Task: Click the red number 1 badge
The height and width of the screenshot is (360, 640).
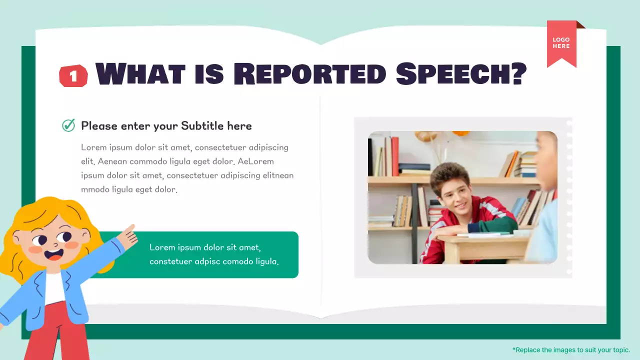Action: [73, 76]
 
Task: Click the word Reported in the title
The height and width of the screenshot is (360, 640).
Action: [309, 74]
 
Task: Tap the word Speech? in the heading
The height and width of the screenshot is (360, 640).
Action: [461, 74]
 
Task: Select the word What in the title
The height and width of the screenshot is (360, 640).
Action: [140, 74]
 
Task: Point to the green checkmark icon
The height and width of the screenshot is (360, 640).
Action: [68, 125]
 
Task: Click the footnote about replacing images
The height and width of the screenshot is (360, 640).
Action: [571, 350]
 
